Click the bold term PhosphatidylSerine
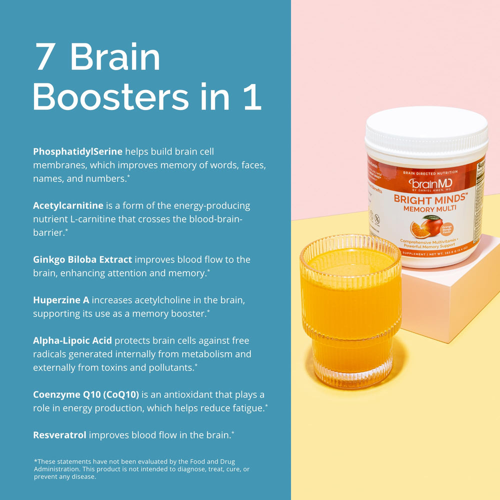tap(77, 151)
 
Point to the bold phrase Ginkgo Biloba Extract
tap(82, 259)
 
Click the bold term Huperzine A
tap(61, 300)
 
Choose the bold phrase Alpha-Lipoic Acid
tap(72, 340)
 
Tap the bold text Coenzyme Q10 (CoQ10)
tap(86, 394)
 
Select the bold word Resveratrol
tap(59, 435)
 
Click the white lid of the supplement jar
tap(426, 130)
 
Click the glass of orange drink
tap(350, 310)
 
